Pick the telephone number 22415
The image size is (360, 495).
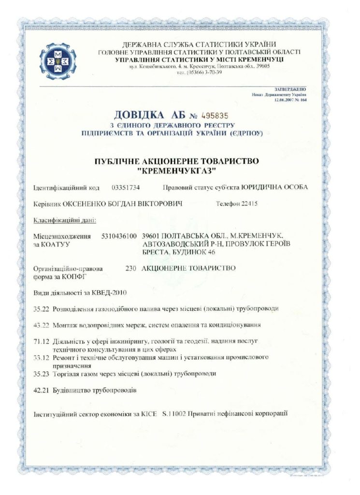[249, 204]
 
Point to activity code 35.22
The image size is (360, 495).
[41, 308]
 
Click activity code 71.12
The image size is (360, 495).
[41, 341]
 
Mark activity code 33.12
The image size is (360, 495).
[41, 358]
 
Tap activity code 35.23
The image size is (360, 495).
[41, 374]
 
